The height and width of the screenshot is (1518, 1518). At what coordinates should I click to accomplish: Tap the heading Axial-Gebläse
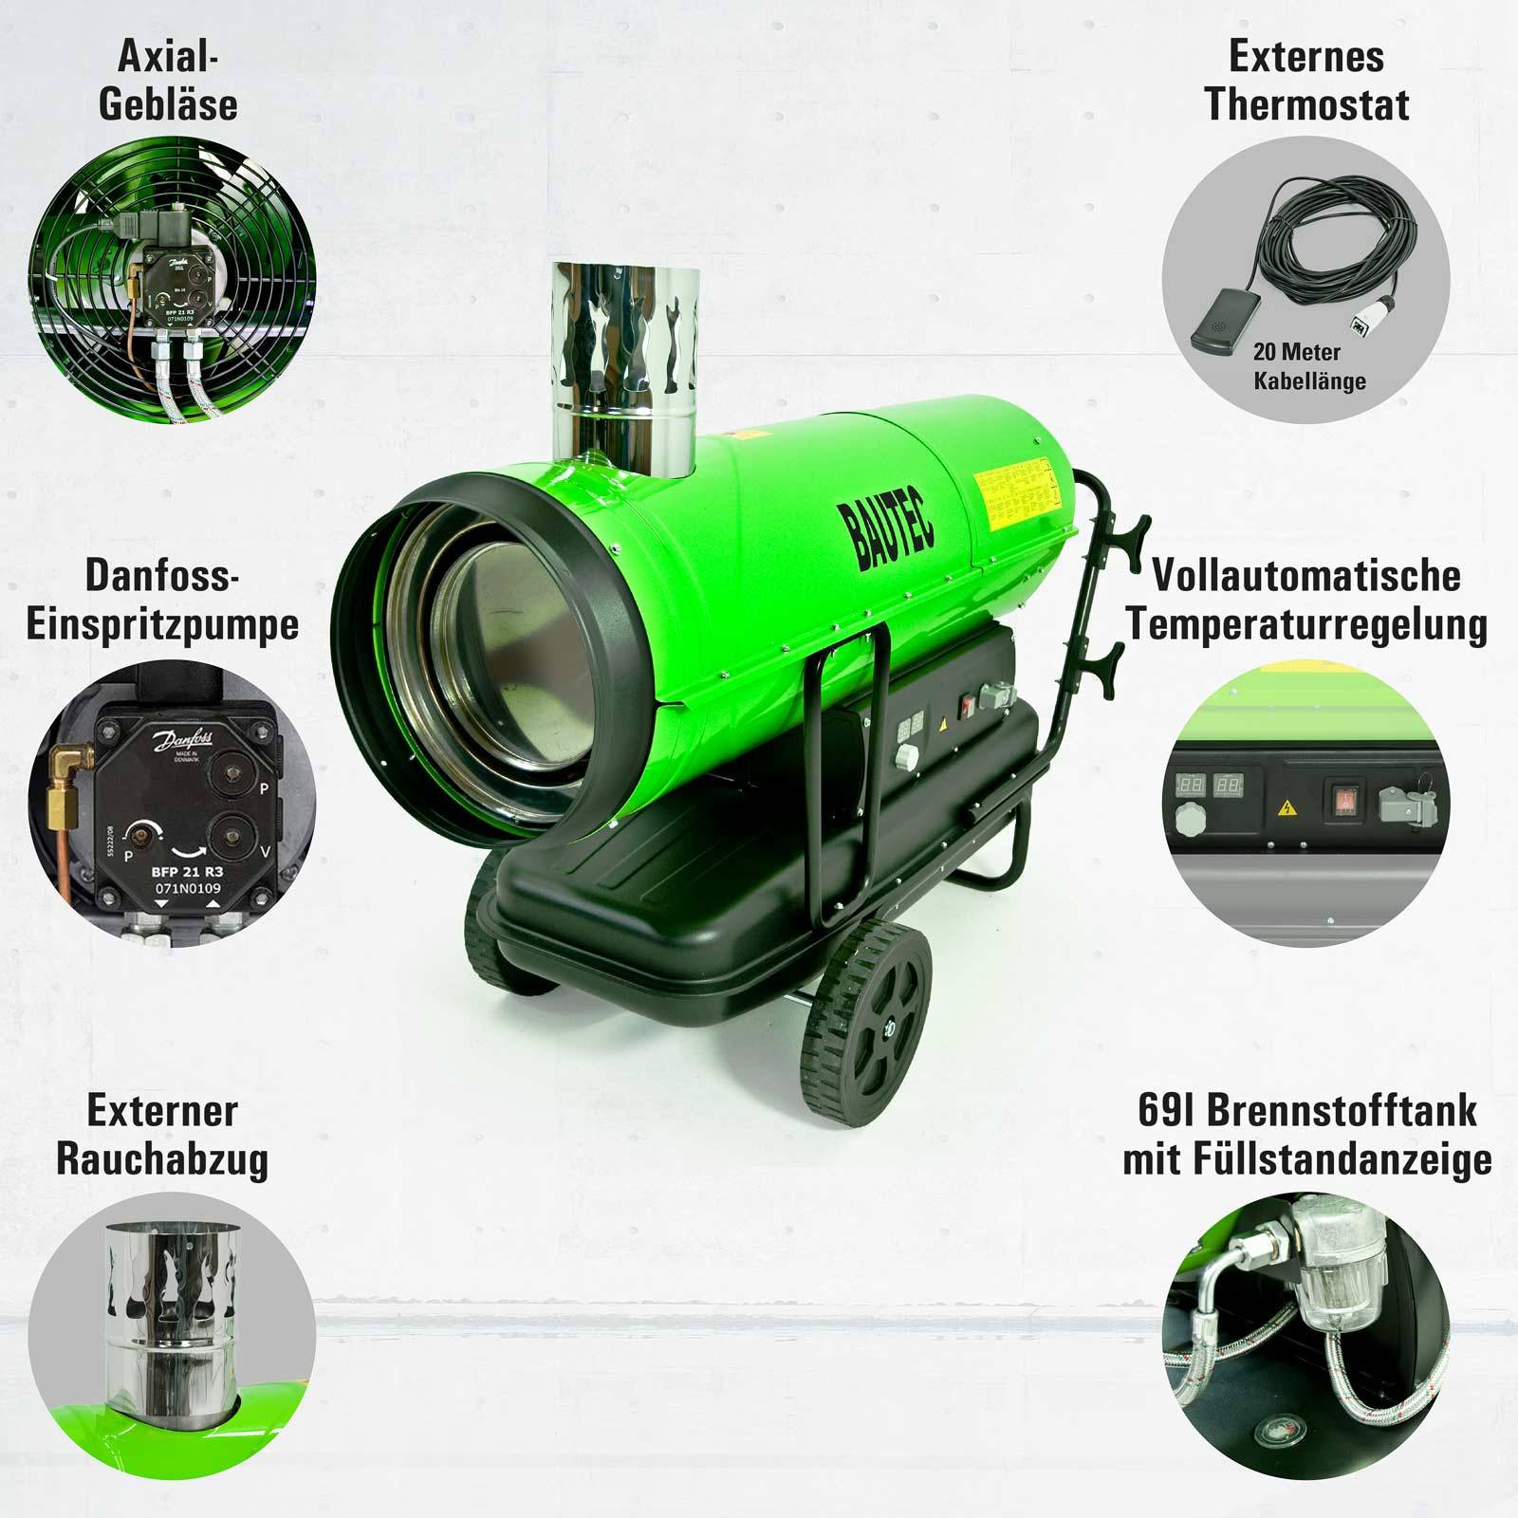168,81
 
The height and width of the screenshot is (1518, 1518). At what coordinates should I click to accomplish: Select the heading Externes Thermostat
1306,81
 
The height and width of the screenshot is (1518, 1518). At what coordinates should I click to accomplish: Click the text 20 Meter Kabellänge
1309,366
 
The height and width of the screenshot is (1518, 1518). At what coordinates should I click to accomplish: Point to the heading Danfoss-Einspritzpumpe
162,601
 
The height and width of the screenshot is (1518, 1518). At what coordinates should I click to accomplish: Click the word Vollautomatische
1306,576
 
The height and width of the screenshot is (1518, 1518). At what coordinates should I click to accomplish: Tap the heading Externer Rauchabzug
162,1135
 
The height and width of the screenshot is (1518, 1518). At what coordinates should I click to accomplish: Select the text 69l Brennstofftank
1306,1111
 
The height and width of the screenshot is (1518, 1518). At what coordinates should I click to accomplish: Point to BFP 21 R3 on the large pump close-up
186,870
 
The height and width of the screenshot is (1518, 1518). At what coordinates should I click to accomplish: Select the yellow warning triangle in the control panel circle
1287,808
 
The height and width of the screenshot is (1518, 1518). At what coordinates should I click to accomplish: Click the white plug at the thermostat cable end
1360,327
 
